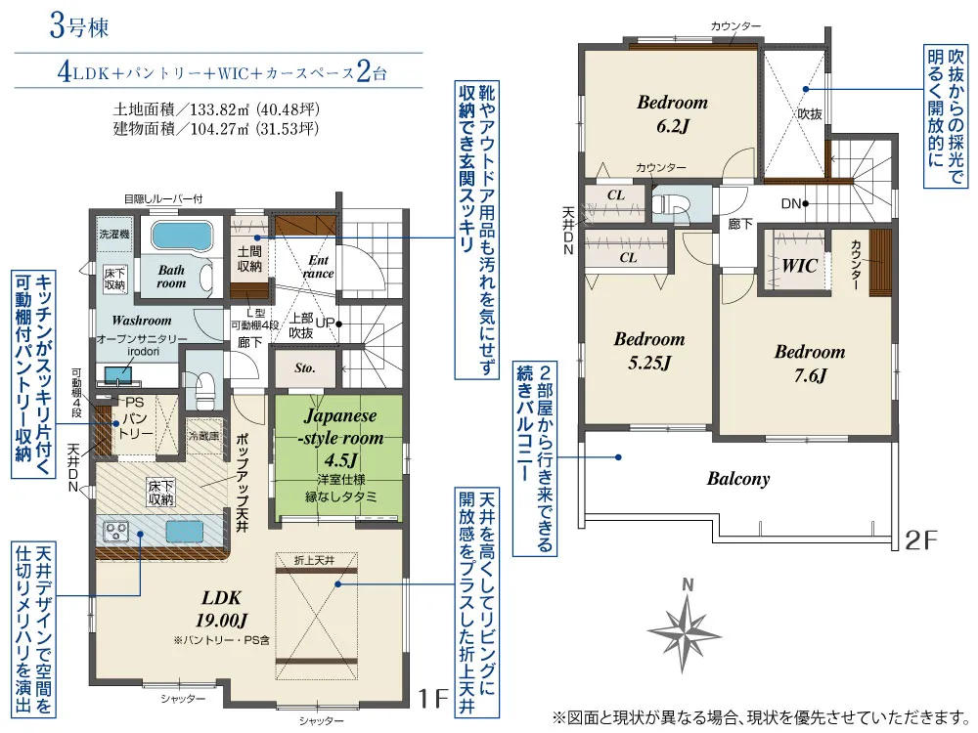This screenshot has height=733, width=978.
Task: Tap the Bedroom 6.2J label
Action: (x=673, y=114)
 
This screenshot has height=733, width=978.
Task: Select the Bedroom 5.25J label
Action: (x=649, y=351)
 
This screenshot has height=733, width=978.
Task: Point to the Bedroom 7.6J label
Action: (x=810, y=364)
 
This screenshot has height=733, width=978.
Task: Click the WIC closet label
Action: (x=800, y=266)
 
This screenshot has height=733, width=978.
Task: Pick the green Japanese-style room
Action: (x=339, y=458)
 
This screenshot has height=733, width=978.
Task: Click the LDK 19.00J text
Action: (x=221, y=609)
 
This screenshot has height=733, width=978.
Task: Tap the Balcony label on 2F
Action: (x=738, y=479)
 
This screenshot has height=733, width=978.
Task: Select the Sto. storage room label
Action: (x=305, y=367)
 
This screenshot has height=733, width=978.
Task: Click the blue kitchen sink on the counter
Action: (x=184, y=532)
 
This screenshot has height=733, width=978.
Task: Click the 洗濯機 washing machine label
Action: (x=114, y=235)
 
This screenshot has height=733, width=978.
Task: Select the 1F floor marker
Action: (x=433, y=698)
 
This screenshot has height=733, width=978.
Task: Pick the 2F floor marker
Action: (x=920, y=539)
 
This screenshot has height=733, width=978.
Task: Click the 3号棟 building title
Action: (x=78, y=27)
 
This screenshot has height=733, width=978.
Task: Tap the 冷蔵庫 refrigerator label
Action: (x=204, y=436)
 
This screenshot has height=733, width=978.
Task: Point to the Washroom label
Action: (x=142, y=321)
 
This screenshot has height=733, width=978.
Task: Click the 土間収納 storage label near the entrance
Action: (x=249, y=259)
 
